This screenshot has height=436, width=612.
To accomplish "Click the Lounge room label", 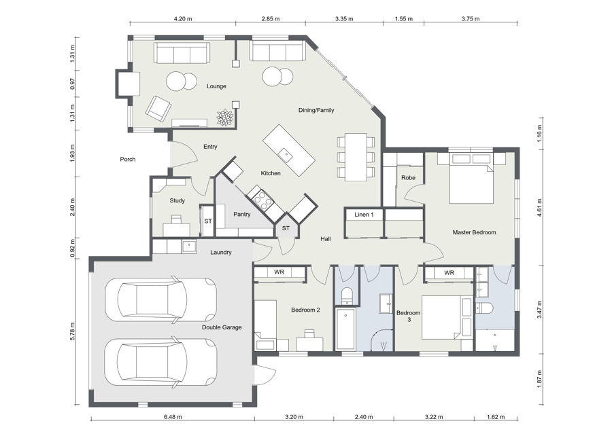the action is click(216, 86).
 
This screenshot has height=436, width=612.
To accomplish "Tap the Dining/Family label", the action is click(316, 110).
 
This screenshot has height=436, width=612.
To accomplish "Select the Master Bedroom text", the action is click(474, 232).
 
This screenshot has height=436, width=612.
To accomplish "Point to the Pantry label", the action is click(241, 215).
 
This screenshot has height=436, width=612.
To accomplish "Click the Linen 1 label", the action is click(364, 215).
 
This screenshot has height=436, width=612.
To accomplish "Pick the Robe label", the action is click(408, 178).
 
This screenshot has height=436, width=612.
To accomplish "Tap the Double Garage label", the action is click(222, 327).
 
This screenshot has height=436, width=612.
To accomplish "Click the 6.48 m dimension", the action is click(173, 416).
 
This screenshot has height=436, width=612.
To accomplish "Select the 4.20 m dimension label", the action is click(183, 18).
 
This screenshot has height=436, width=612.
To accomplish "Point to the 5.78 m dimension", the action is click(73, 331).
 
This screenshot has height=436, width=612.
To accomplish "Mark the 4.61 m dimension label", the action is click(539, 208).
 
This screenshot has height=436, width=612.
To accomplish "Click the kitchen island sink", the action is click(286, 153).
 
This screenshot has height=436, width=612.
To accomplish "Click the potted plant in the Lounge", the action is click(225, 117).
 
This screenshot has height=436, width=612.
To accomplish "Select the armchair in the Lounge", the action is click(158, 108).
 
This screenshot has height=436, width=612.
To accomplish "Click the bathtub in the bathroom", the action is click(345, 329).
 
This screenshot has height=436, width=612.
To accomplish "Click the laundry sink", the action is click(189, 247).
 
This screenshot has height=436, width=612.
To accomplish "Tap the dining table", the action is click(356, 157).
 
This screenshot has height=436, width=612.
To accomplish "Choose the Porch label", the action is click(128, 159).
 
